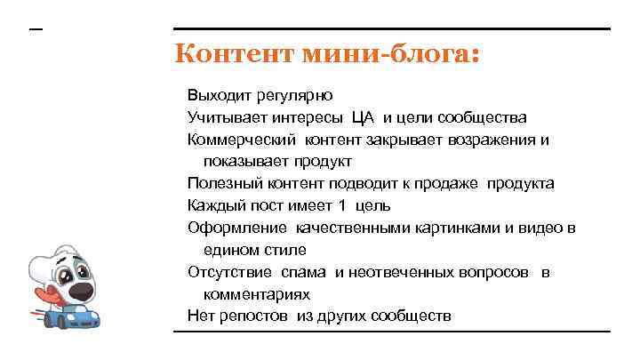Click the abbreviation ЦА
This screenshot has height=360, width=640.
point(363,117)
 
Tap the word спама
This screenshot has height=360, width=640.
point(307,272)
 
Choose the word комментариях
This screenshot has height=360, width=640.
point(256,294)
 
